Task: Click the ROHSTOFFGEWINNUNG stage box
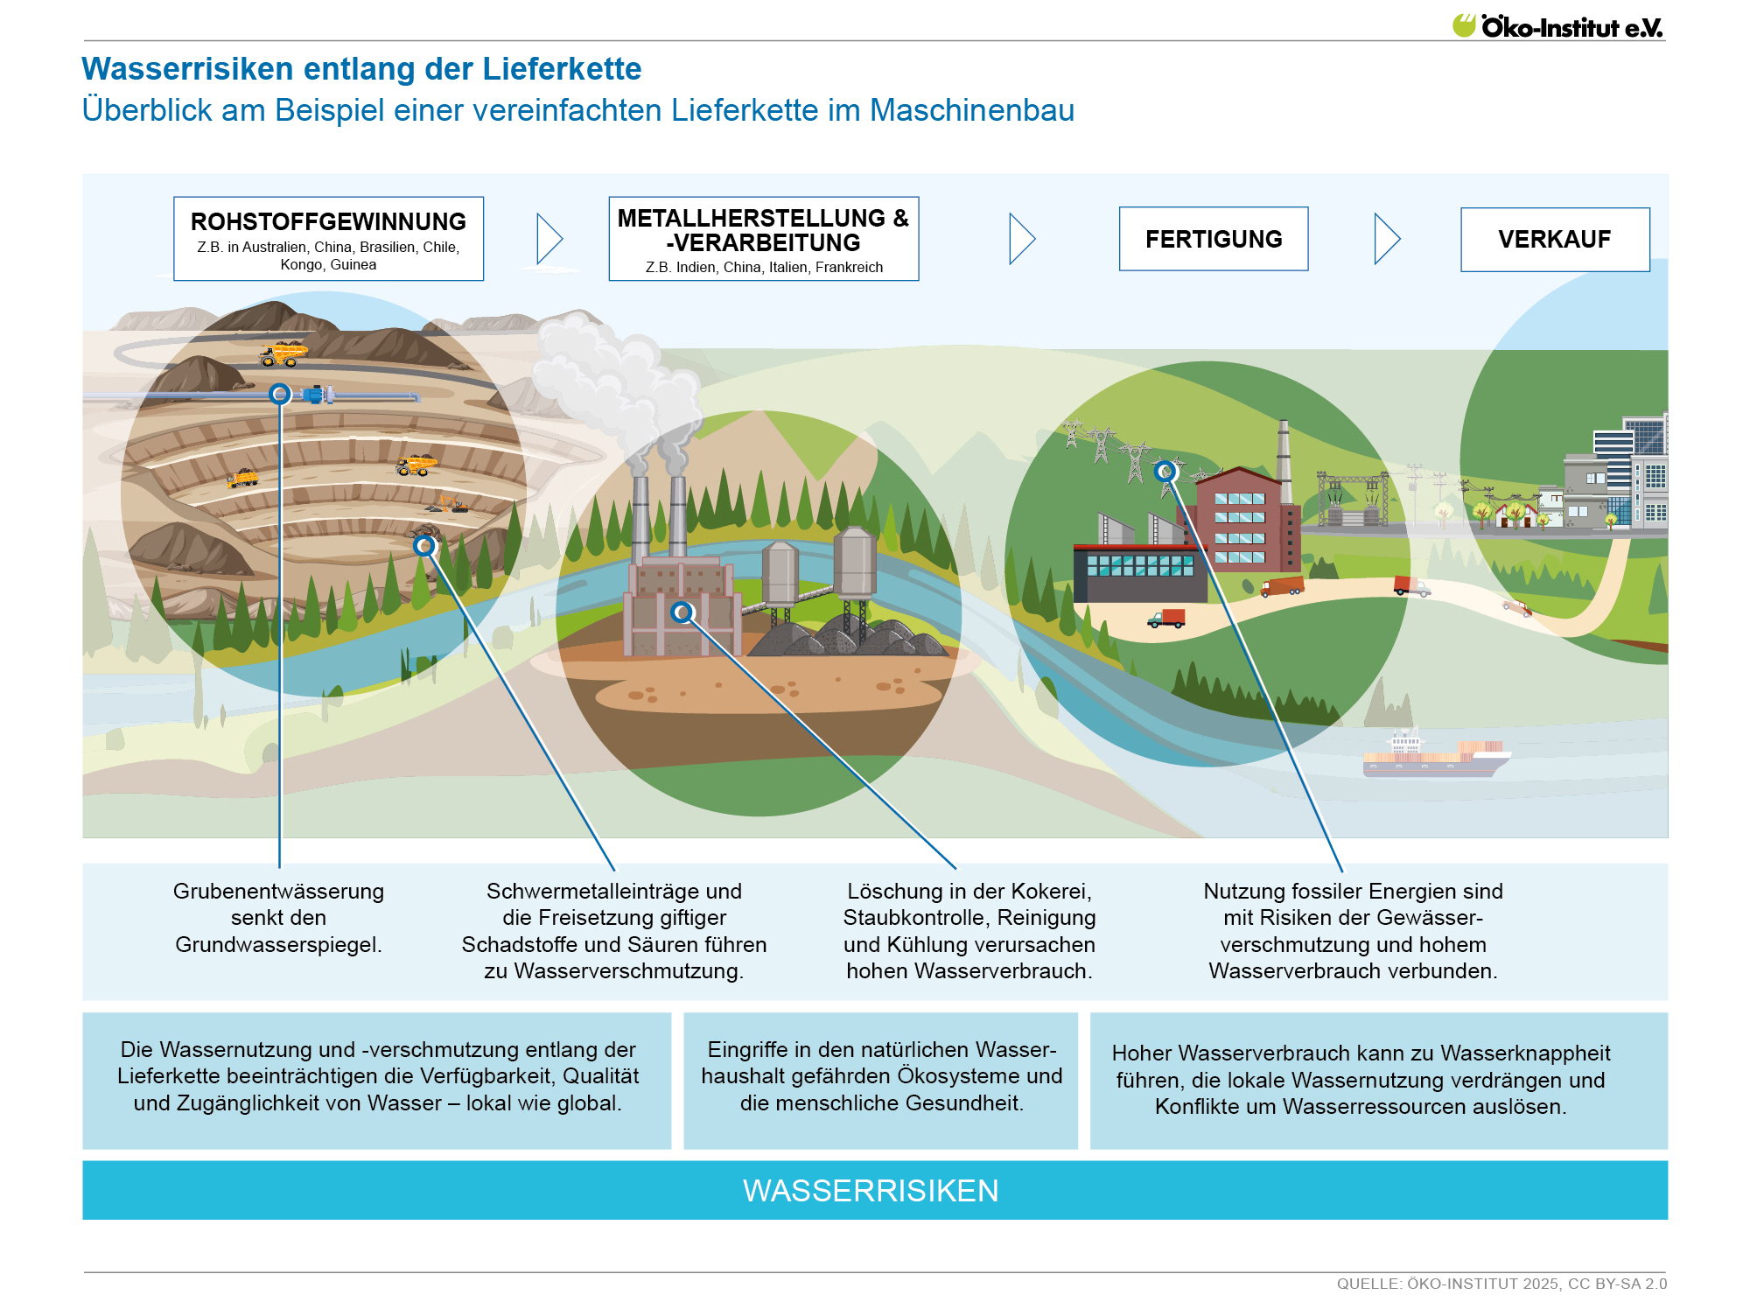coord(328,238)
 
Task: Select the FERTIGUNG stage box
coord(1214,239)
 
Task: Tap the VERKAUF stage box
coord(1555,239)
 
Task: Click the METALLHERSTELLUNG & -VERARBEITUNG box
coord(763,238)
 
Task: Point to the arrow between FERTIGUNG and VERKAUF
coord(1387,239)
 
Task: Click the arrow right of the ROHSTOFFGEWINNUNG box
coord(549,239)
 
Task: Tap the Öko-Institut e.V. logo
coord(1557,26)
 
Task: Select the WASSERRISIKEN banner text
coord(871,1191)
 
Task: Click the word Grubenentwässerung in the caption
coord(278,891)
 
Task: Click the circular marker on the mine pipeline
coord(280,395)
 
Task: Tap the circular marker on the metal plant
coord(682,612)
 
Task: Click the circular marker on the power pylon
coord(1165,472)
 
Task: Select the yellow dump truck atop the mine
coord(283,353)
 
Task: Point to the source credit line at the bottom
coord(1501,1284)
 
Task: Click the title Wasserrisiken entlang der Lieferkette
coord(361,69)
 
